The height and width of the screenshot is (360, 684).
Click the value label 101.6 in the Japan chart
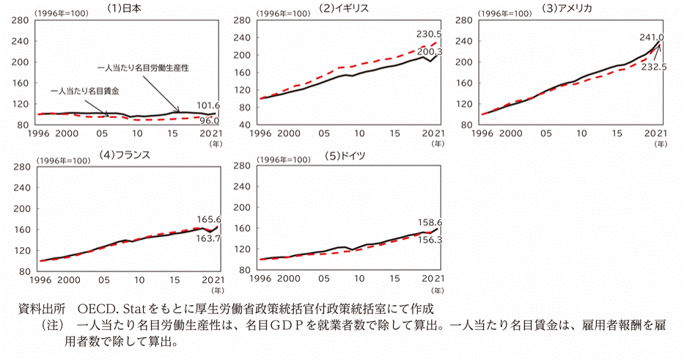(209, 106)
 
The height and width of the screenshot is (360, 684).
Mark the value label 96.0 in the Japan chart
(209, 120)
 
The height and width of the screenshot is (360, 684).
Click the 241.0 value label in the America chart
(652, 37)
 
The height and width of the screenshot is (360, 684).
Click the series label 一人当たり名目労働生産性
(143, 67)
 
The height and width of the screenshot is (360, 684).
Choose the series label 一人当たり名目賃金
(85, 92)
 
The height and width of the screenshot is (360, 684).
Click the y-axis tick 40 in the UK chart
(246, 126)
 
